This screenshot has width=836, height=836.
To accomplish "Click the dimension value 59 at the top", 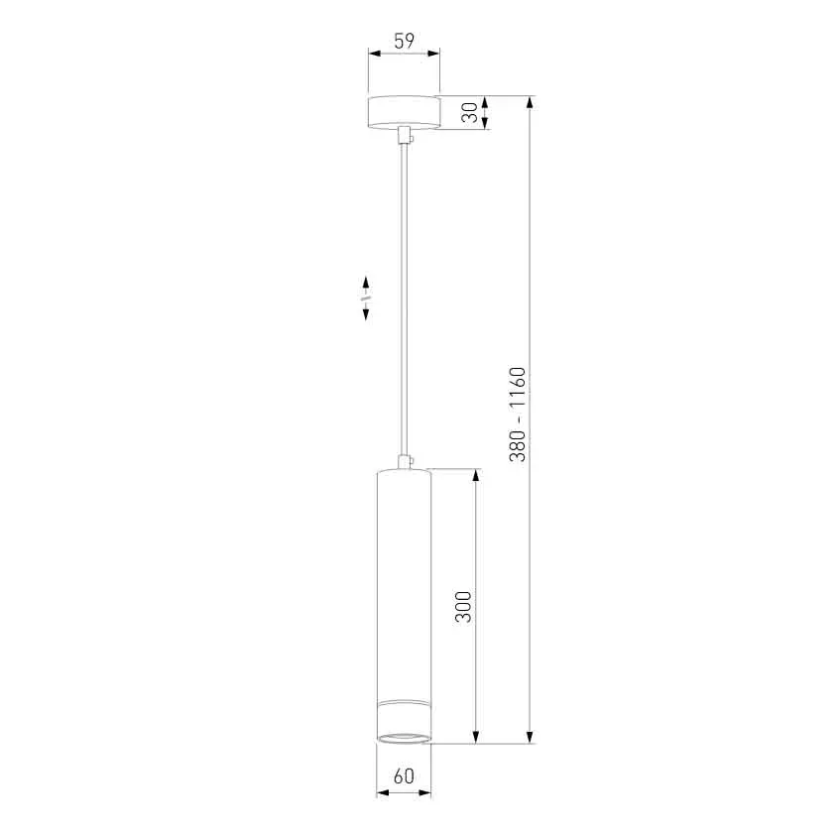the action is coord(404,41).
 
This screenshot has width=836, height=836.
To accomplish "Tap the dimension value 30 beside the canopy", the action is coord(470,112).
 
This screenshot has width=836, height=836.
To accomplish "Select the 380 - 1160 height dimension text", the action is coord(517,415).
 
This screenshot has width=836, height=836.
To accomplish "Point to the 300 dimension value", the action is coord(463,607).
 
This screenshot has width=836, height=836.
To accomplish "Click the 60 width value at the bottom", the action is coord(404,776).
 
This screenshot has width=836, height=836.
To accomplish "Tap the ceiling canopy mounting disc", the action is coord(404,112).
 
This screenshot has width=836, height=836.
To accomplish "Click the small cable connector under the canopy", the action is coord(407,134).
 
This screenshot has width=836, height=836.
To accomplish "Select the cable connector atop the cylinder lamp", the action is coord(406,461).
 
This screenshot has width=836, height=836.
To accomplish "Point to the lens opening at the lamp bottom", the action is coord(404,738).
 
